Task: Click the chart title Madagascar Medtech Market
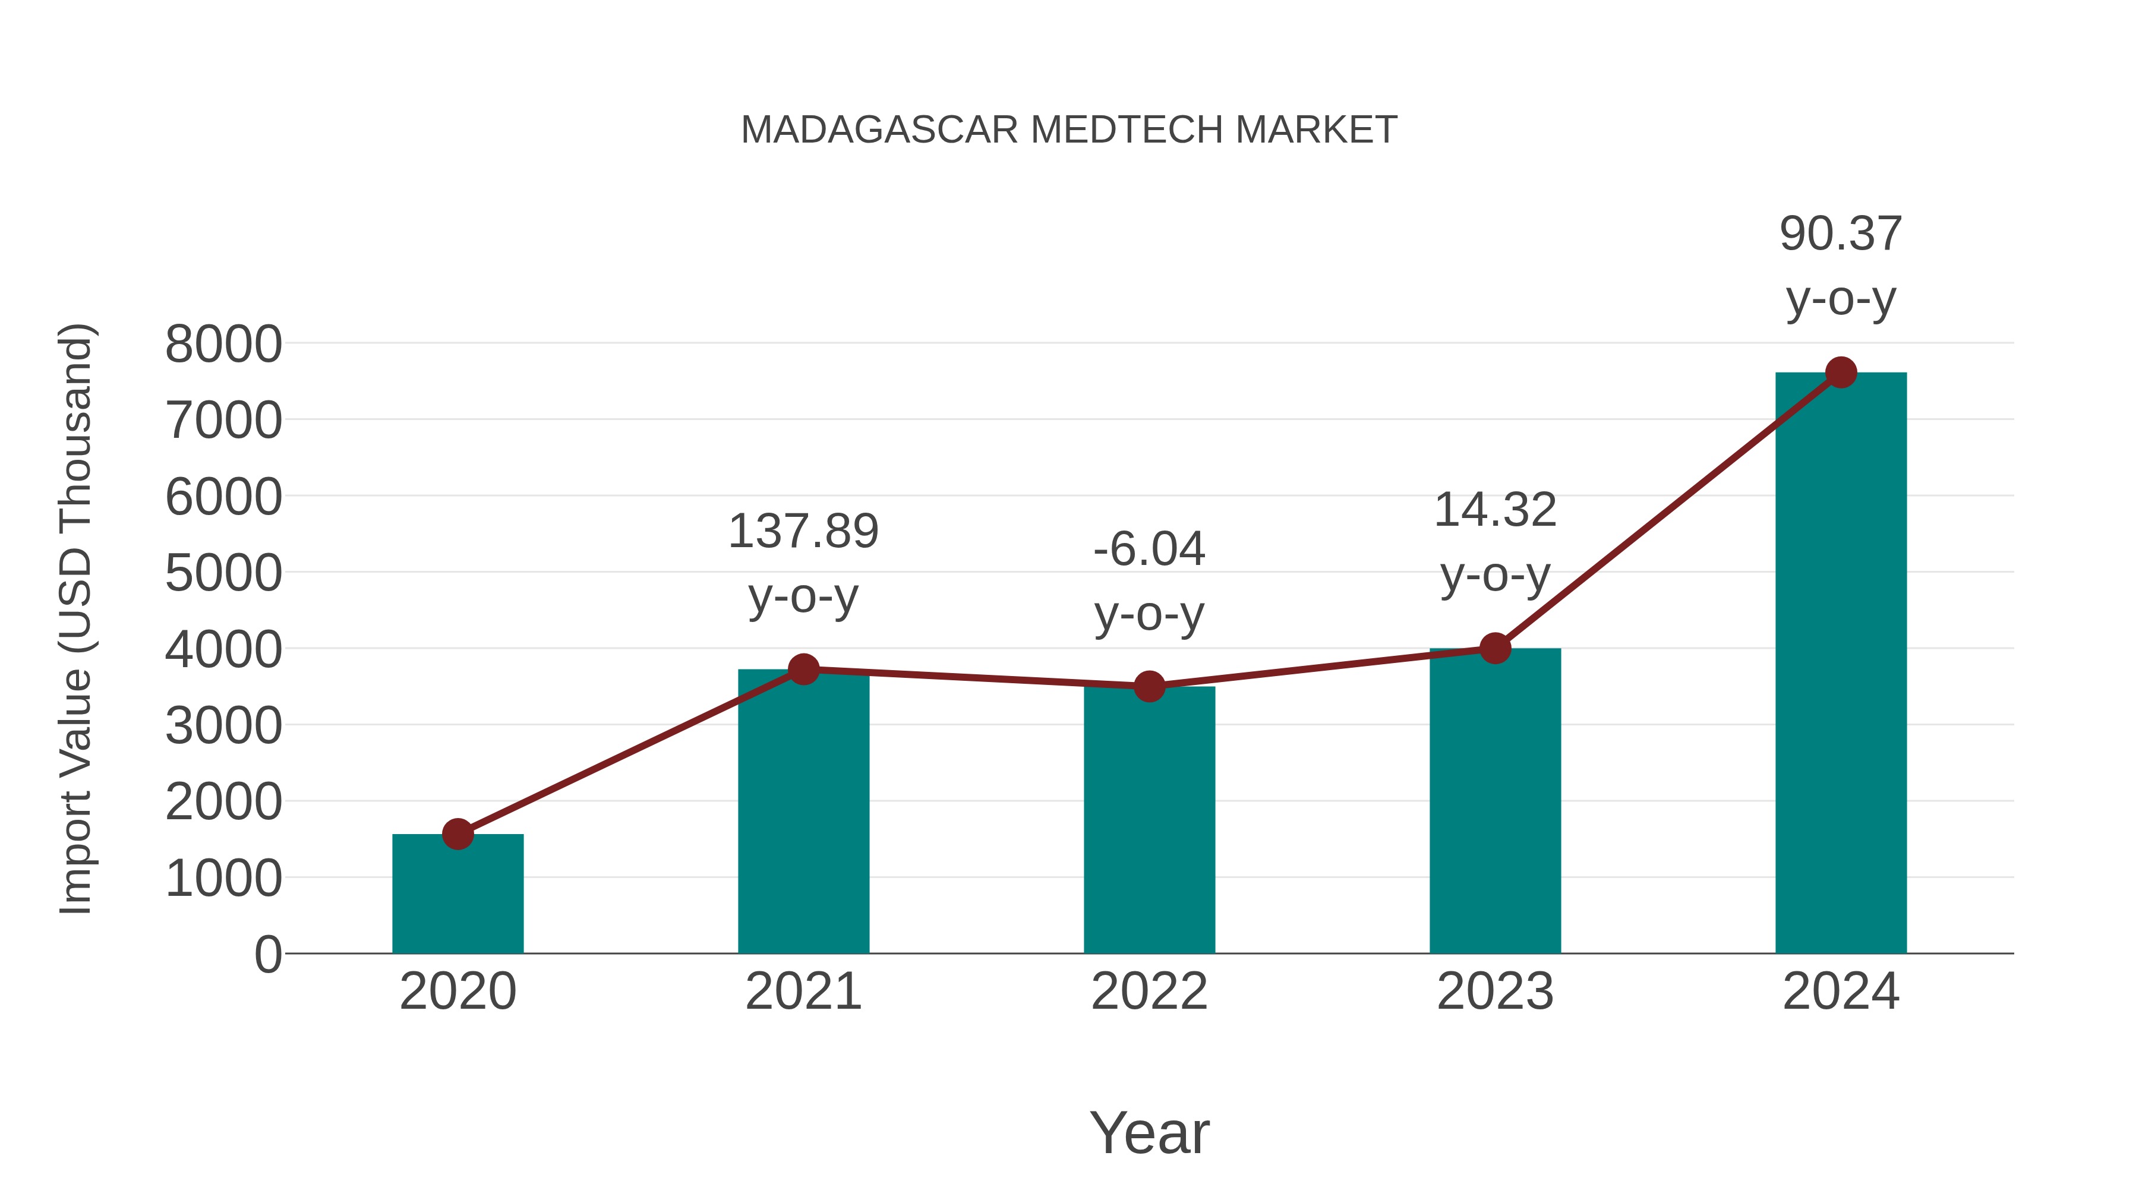pyautogui.click(x=1069, y=130)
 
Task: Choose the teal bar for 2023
pyautogui.click(x=1495, y=806)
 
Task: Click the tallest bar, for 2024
pyautogui.click(x=1840, y=664)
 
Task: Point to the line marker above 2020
pyautogui.click(x=458, y=833)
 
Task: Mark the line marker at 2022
pyautogui.click(x=1149, y=687)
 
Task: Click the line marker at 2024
pyautogui.click(x=1841, y=372)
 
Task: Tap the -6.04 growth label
pyautogui.click(x=1149, y=550)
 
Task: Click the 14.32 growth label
pyautogui.click(x=1495, y=510)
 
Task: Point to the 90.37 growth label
pyautogui.click(x=1840, y=234)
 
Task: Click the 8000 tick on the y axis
pyautogui.click(x=223, y=344)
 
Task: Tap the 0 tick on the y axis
pyautogui.click(x=267, y=955)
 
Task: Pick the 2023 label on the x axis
pyautogui.click(x=1495, y=992)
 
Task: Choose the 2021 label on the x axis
pyautogui.click(x=803, y=992)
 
